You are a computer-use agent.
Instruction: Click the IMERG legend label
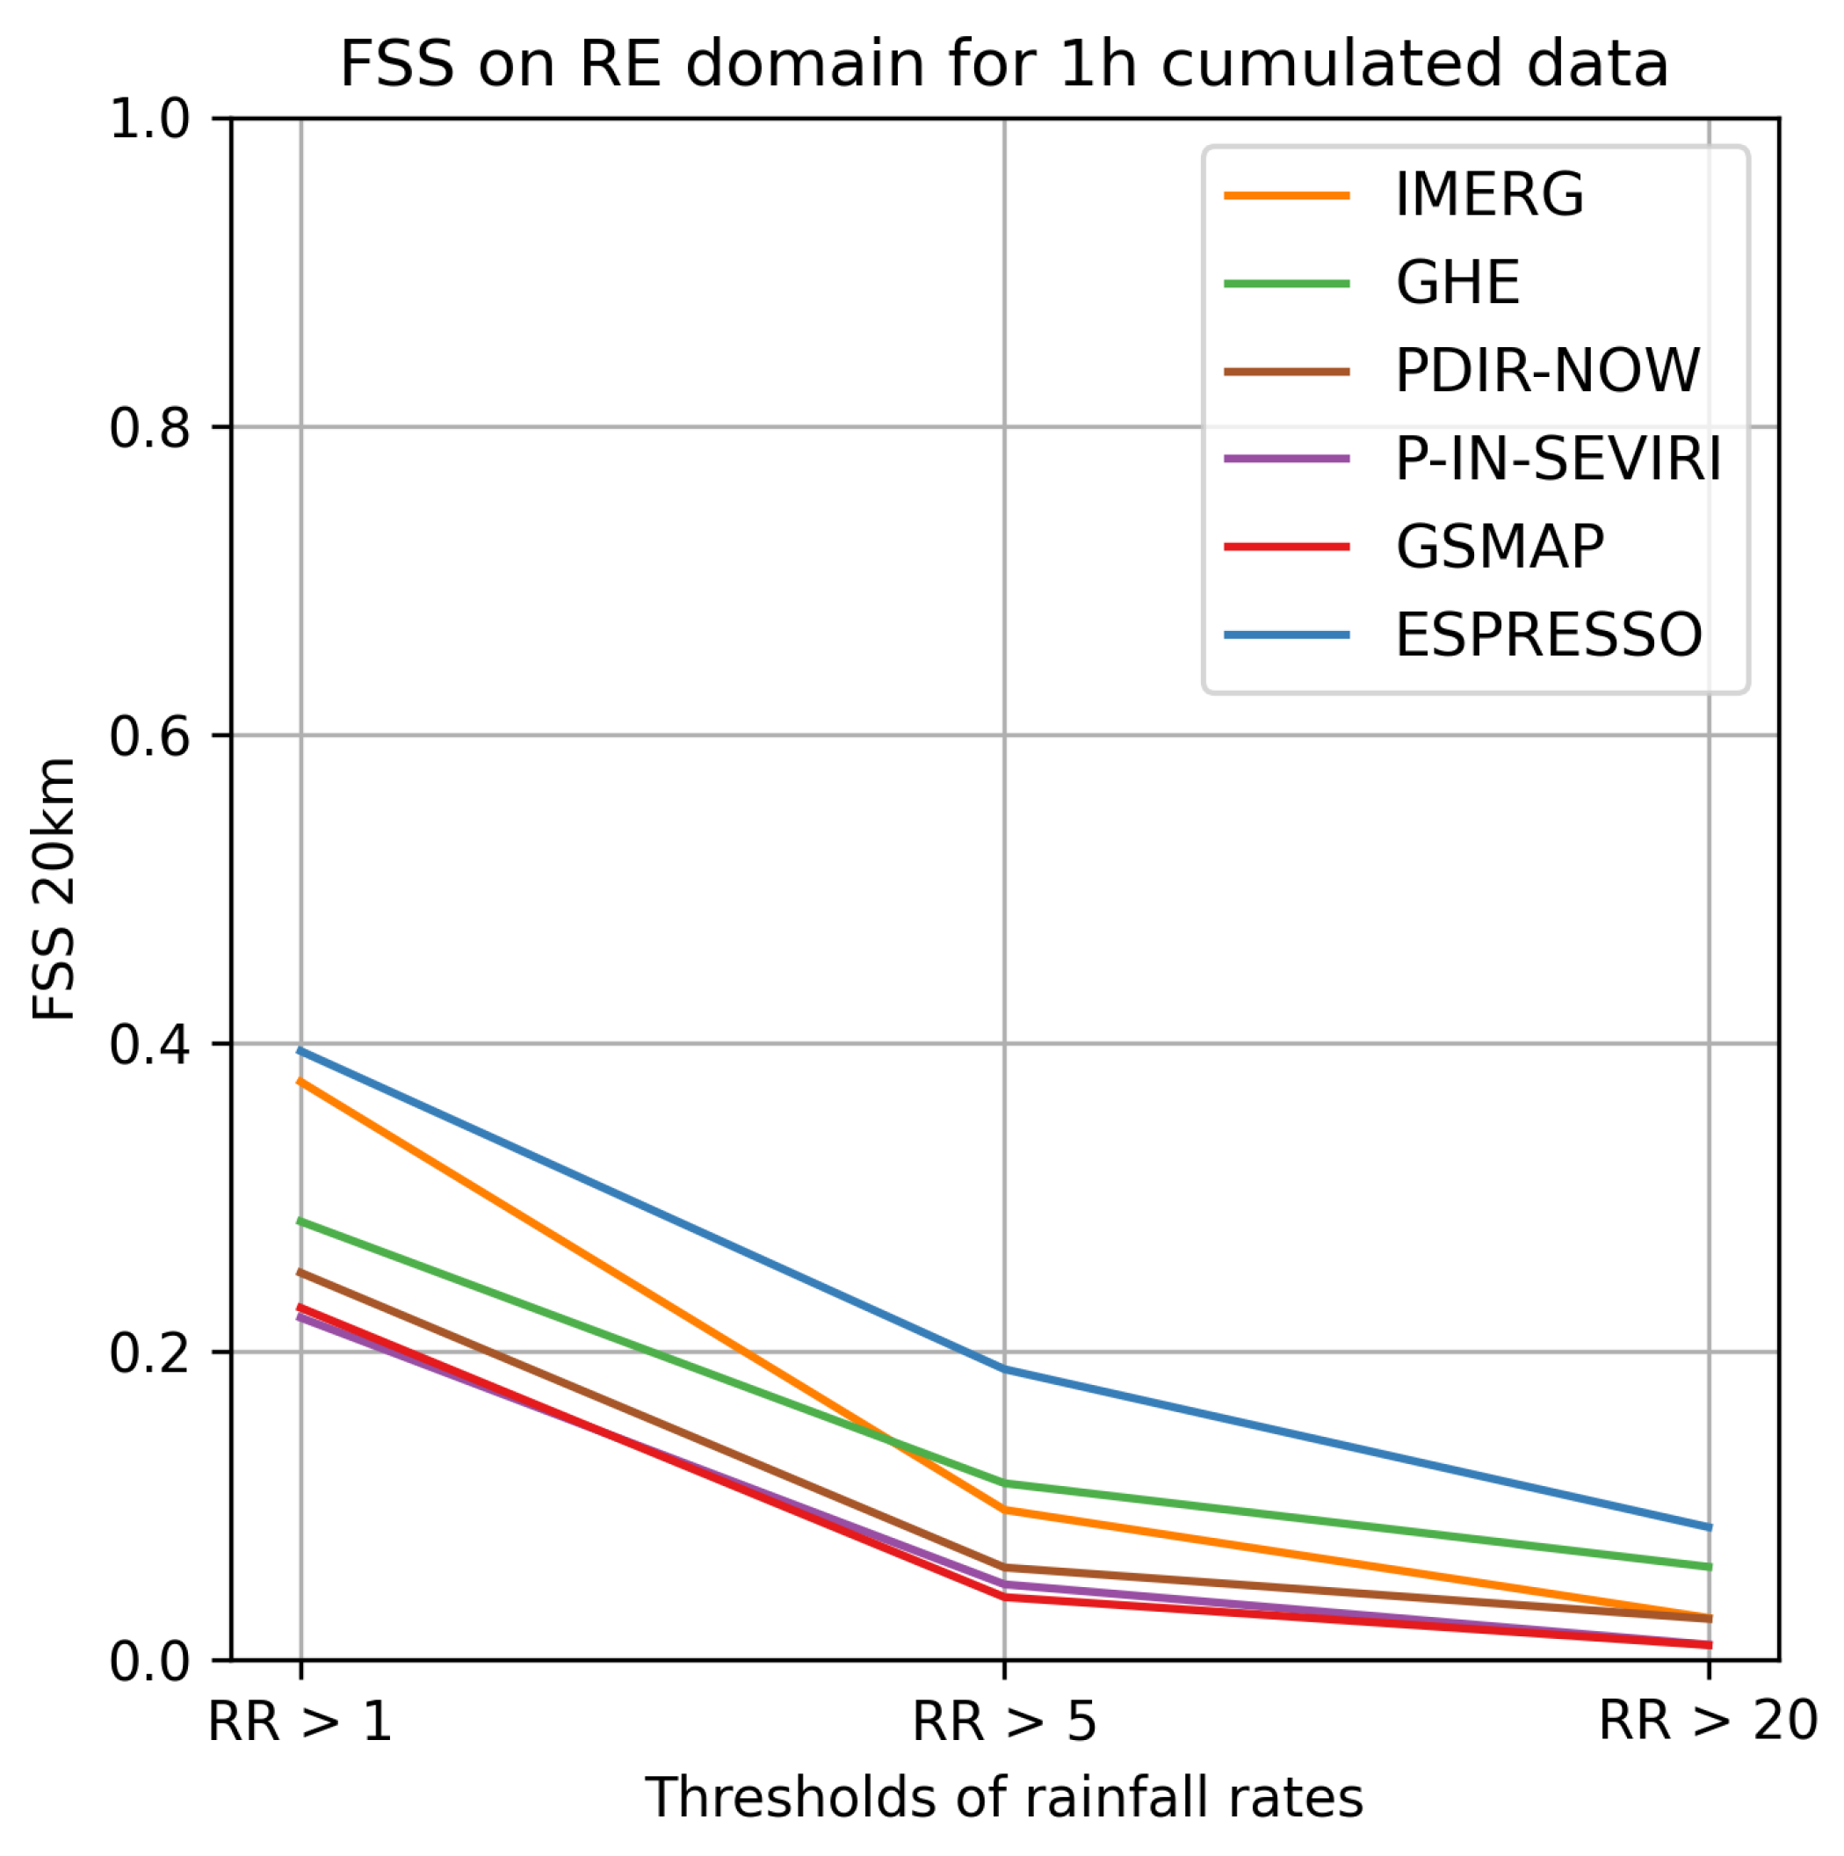(x=1489, y=195)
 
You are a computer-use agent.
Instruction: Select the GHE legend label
(x=1457, y=283)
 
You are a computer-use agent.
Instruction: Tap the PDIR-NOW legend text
(x=1547, y=371)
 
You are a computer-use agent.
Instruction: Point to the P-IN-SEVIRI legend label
(x=1558, y=460)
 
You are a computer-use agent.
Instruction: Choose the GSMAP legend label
(x=1500, y=547)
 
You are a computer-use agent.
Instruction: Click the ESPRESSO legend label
(x=1548, y=635)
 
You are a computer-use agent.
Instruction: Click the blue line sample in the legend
(x=1287, y=635)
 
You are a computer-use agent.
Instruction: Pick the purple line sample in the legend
(x=1287, y=460)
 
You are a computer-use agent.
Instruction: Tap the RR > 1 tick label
(x=300, y=1721)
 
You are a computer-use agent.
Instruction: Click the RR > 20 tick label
(x=1708, y=1721)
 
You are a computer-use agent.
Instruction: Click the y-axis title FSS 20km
(x=54, y=888)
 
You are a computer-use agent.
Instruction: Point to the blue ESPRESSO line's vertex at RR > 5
(x=1005, y=1368)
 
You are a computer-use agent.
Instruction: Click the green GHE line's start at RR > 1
(x=301, y=1221)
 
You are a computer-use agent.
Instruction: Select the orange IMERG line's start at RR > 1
(x=301, y=1081)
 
